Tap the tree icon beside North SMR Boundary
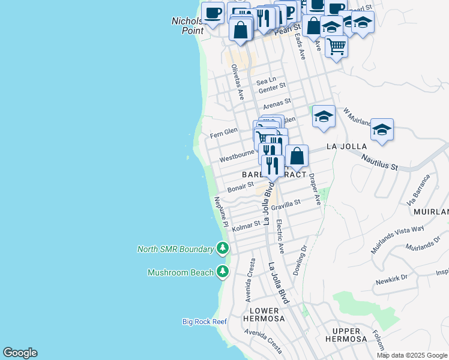click(x=223, y=248)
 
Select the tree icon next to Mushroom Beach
click(x=223, y=272)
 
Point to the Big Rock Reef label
click(x=205, y=322)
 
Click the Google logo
click(x=20, y=353)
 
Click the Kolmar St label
click(x=246, y=226)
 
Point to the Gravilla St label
click(x=285, y=205)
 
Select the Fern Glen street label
click(x=224, y=131)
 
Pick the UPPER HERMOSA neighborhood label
click(x=346, y=335)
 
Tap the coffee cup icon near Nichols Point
click(x=212, y=13)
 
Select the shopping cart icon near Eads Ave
click(x=336, y=46)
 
